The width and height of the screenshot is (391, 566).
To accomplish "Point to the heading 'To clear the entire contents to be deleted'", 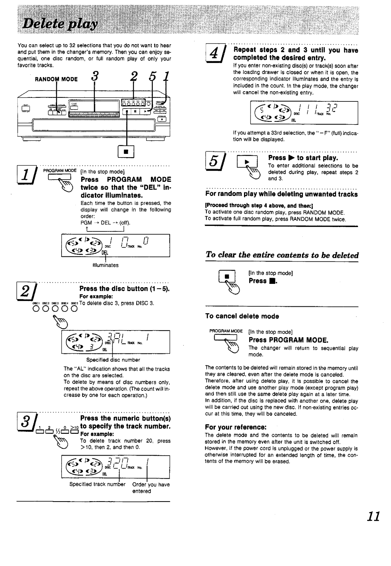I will (x=282, y=255).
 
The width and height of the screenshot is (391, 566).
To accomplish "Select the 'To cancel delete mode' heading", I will (x=242, y=316).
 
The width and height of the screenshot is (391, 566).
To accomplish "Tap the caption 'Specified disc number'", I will (x=113, y=360).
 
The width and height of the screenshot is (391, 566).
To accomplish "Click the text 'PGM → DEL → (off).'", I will (x=105, y=223).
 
